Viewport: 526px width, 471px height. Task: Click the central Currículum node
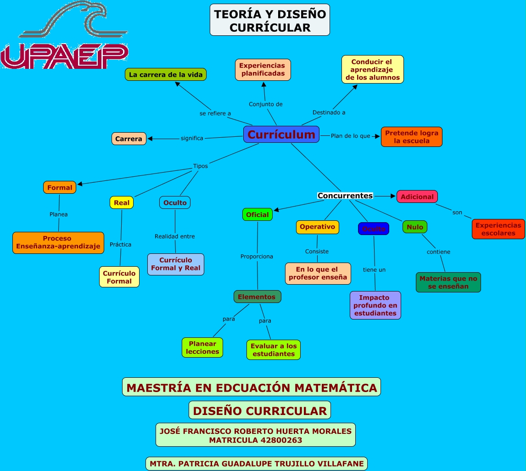[281, 135]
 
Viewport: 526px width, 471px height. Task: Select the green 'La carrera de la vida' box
[166, 74]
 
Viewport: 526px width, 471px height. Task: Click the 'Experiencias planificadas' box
[263, 70]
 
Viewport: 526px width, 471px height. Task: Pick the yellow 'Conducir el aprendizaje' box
[372, 69]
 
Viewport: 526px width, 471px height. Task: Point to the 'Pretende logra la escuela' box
[411, 137]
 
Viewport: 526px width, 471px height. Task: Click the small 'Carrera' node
[129, 139]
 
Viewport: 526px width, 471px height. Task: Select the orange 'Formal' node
[60, 187]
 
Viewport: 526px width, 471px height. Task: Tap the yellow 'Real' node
[122, 202]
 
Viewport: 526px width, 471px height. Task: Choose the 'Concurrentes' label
[345, 196]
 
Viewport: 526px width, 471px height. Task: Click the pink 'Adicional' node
[417, 196]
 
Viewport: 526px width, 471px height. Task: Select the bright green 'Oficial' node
[257, 214]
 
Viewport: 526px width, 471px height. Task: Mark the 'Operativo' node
[317, 227]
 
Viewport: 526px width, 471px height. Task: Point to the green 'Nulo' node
[415, 227]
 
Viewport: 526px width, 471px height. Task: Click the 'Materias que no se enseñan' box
[448, 282]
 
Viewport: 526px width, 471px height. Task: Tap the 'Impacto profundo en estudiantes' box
[375, 305]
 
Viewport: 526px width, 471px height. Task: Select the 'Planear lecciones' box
[202, 348]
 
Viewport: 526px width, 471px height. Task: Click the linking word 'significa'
[192, 138]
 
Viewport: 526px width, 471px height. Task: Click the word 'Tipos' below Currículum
[200, 166]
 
